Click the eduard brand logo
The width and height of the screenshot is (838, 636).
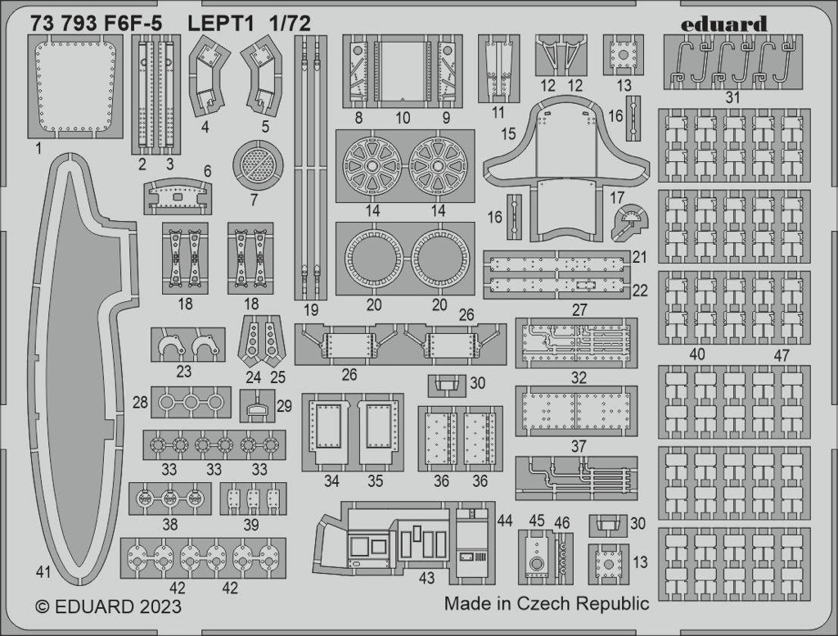click(x=725, y=25)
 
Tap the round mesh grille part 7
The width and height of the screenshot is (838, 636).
click(x=258, y=164)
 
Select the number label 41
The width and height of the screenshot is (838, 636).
click(x=43, y=572)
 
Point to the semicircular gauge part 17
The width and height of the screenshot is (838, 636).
click(x=631, y=222)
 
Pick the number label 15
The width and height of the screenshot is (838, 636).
click(x=508, y=133)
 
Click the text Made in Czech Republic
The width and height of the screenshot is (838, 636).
click(x=547, y=603)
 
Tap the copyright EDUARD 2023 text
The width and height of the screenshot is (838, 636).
click(x=109, y=607)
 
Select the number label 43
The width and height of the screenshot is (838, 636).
click(x=426, y=578)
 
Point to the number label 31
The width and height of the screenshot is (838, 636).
click(x=732, y=97)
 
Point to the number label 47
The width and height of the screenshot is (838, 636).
click(x=782, y=355)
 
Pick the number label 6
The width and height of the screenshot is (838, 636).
click(x=207, y=171)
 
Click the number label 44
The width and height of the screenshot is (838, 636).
click(x=504, y=520)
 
